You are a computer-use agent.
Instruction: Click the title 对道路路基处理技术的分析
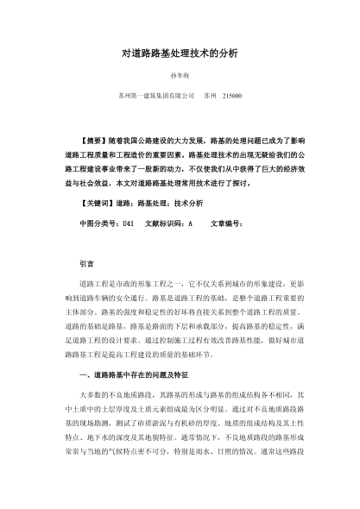click(179, 53)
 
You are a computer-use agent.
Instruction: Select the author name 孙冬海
click(179, 76)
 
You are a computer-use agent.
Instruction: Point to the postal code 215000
click(232, 95)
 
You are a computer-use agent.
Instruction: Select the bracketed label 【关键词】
click(91, 200)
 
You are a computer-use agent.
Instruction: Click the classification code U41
click(127, 223)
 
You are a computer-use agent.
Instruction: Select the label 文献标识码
click(165, 223)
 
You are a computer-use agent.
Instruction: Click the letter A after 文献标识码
click(190, 223)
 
